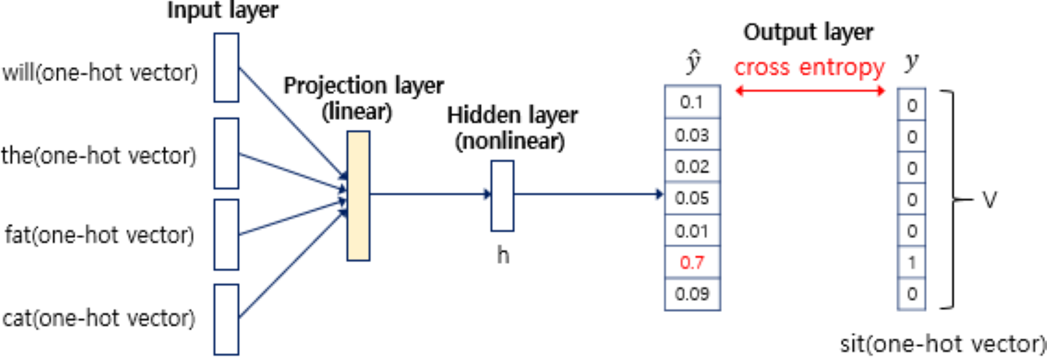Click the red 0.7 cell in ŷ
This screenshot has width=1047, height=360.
click(692, 262)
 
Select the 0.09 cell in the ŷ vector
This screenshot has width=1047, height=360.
click(692, 294)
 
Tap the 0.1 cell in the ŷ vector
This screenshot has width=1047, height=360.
click(692, 102)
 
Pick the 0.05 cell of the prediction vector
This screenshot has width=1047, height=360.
click(692, 198)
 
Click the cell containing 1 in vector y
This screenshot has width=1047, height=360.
click(911, 262)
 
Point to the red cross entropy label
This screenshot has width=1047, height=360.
click(809, 67)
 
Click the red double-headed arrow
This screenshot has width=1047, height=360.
click(810, 91)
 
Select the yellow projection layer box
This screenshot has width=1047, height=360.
click(358, 196)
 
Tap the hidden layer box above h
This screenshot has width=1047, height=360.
click(502, 196)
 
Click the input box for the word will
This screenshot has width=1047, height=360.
click(226, 67)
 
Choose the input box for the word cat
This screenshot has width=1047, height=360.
click(226, 319)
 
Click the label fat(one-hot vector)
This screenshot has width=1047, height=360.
click(99, 235)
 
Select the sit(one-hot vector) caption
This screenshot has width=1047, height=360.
click(942, 344)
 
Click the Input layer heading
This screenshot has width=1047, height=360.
click(222, 10)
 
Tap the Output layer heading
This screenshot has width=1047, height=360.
click(808, 32)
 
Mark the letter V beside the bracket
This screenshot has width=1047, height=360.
click(989, 199)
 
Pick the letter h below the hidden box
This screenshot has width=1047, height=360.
click(503, 255)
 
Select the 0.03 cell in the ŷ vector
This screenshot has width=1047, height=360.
click(692, 135)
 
